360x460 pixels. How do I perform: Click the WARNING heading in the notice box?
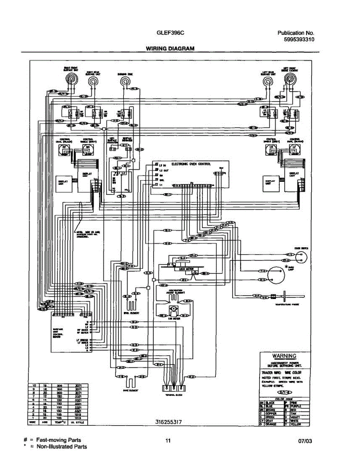pos(284,356)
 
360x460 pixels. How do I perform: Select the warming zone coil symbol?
pos(125,81)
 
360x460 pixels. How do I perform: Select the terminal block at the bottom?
pos(172,384)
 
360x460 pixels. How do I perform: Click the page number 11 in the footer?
pos(168,440)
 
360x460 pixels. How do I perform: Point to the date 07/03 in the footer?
pos(305,441)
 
